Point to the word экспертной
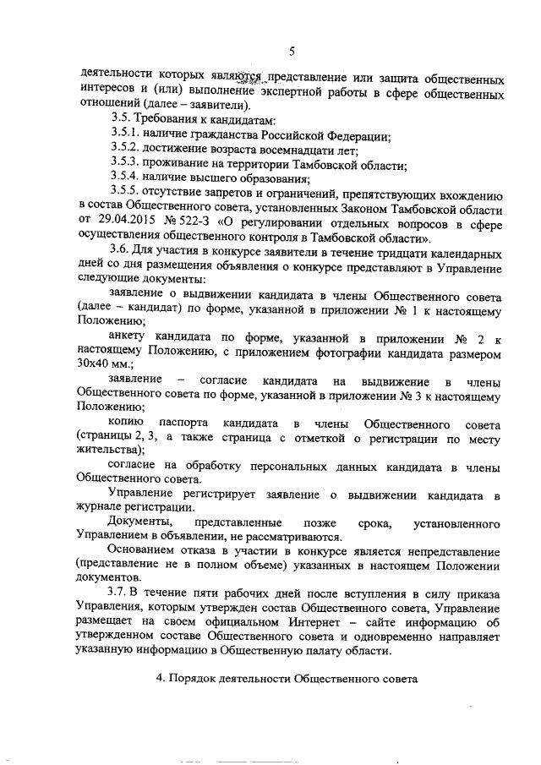pyautogui.click(x=313, y=92)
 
